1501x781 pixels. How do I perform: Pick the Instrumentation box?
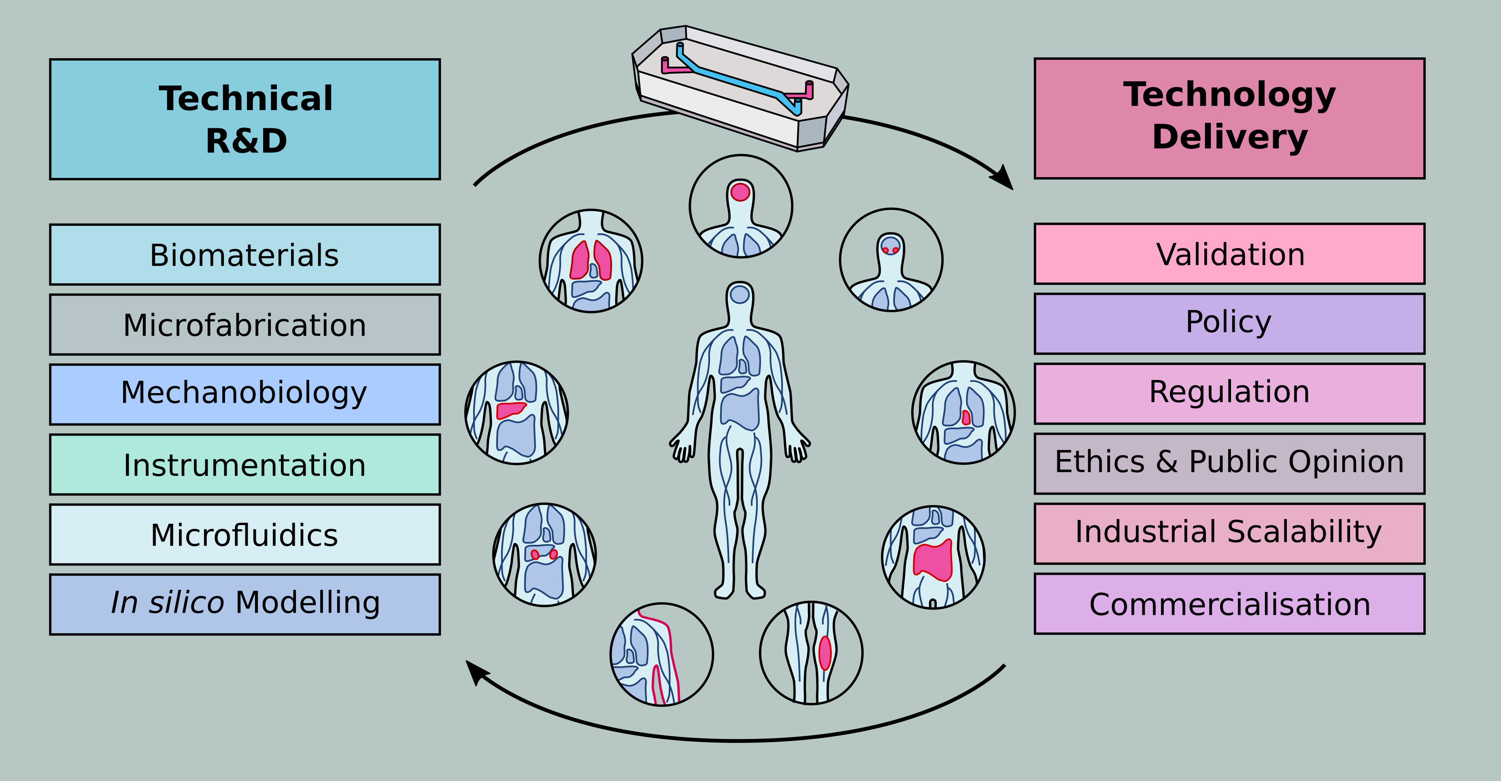click(245, 464)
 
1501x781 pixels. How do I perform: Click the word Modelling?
click(308, 602)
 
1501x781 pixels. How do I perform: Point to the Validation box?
click(1229, 254)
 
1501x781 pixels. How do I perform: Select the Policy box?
click(1229, 323)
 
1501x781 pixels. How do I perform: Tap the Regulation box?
click(1229, 393)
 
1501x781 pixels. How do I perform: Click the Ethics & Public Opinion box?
click(1229, 463)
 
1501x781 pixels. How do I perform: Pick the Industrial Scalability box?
click(1229, 533)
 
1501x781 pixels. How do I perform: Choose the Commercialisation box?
click(1229, 603)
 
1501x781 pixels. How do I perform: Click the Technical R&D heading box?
click(245, 119)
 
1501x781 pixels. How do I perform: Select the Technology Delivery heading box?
click(1229, 118)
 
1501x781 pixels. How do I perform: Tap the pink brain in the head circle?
click(740, 192)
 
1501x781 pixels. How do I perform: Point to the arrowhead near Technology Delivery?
click(1004, 178)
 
